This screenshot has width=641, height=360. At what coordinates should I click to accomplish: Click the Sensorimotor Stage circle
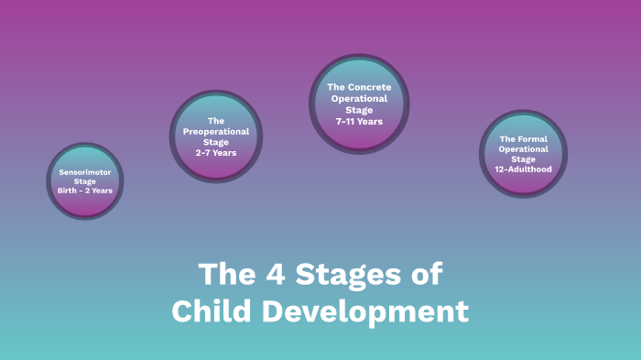point(84,180)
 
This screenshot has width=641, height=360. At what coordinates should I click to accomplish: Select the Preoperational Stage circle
point(216,136)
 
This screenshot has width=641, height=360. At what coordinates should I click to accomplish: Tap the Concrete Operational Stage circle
point(359,104)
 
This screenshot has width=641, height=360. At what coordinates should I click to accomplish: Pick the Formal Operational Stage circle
point(524,154)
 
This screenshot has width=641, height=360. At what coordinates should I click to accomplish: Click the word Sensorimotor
point(85,172)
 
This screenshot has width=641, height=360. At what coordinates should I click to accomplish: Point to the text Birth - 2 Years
point(85,191)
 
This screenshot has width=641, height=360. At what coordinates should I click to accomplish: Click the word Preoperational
point(216,131)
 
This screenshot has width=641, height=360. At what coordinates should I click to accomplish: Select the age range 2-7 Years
point(216,152)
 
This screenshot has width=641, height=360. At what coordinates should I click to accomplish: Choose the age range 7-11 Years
point(359,121)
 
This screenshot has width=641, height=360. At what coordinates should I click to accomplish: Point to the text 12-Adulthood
point(524,169)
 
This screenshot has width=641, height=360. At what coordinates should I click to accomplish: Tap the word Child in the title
point(212,311)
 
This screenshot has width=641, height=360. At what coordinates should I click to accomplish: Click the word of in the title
point(427,274)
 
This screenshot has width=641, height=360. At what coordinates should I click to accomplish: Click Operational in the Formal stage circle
point(524,148)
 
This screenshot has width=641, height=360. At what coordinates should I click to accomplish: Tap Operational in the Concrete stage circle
point(359,98)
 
